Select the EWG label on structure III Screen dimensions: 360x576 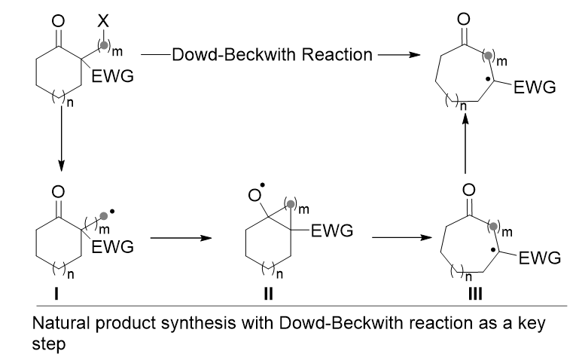(539, 258)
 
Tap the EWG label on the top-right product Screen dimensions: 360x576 (535, 88)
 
